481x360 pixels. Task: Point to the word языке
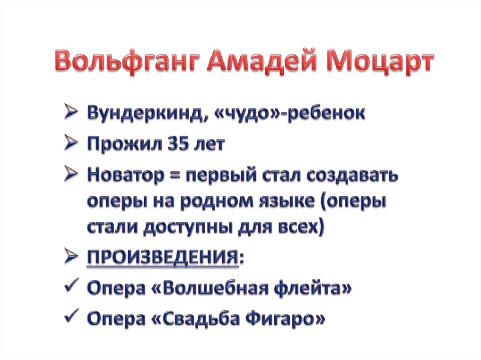tap(290, 203)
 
